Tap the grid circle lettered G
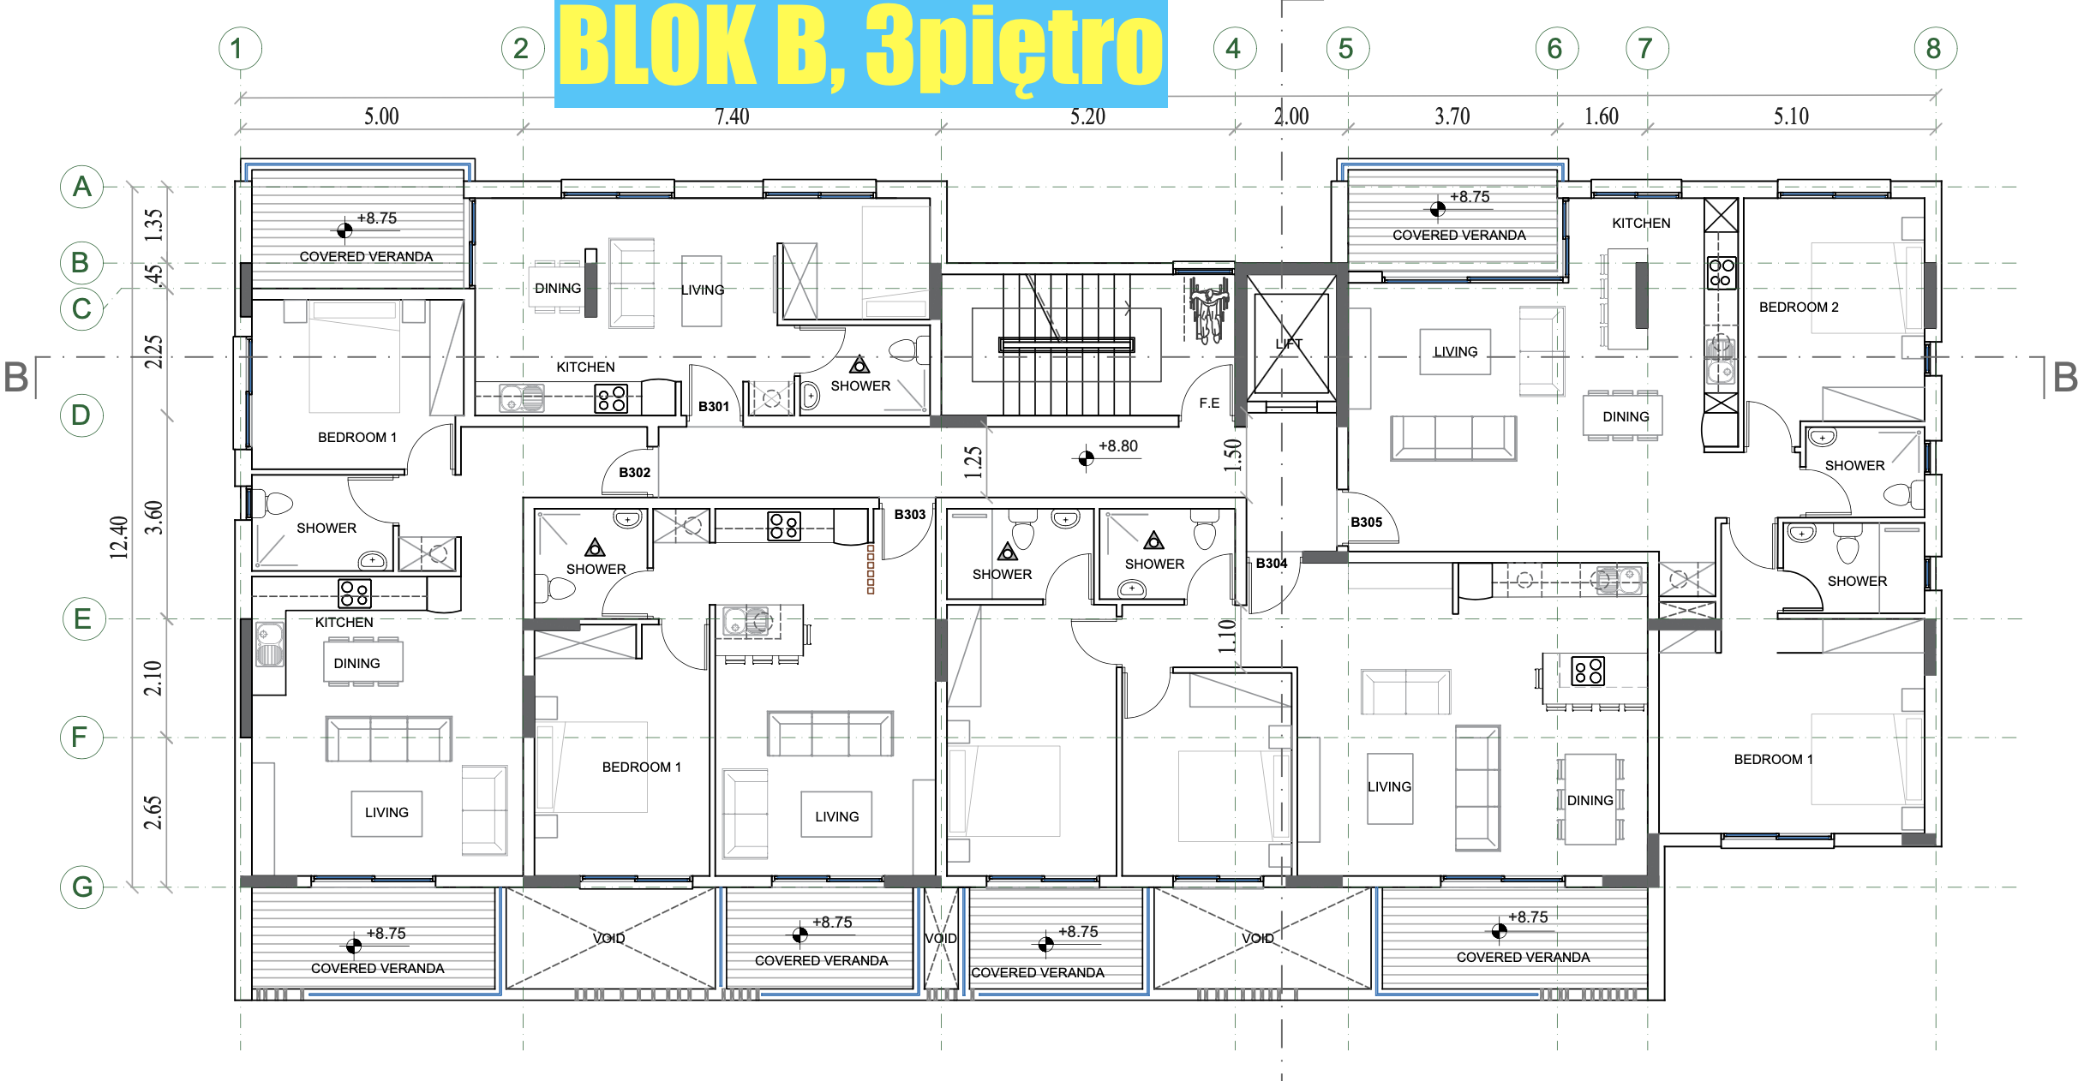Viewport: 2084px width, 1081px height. [82, 887]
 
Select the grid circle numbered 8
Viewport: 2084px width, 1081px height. [1935, 49]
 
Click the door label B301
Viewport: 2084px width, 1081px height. [714, 407]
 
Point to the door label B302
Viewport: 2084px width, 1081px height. [635, 473]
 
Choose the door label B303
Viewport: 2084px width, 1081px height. [910, 515]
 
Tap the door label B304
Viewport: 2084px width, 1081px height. [1272, 564]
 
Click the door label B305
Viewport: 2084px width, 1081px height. [1367, 523]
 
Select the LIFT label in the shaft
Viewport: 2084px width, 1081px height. [1289, 344]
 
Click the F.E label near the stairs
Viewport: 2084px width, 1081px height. [1209, 403]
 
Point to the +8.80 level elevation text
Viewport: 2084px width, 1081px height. [1118, 446]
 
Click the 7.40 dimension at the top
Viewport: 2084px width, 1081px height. [732, 116]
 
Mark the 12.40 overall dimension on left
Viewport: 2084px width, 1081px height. [119, 537]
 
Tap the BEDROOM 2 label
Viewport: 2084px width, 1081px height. [1799, 308]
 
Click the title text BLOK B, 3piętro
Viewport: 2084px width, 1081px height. [861, 51]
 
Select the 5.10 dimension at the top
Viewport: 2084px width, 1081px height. [1791, 116]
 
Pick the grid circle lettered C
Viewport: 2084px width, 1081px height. [82, 308]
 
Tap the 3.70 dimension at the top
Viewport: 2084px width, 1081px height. [1452, 116]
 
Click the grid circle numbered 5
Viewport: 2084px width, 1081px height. [1347, 49]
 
